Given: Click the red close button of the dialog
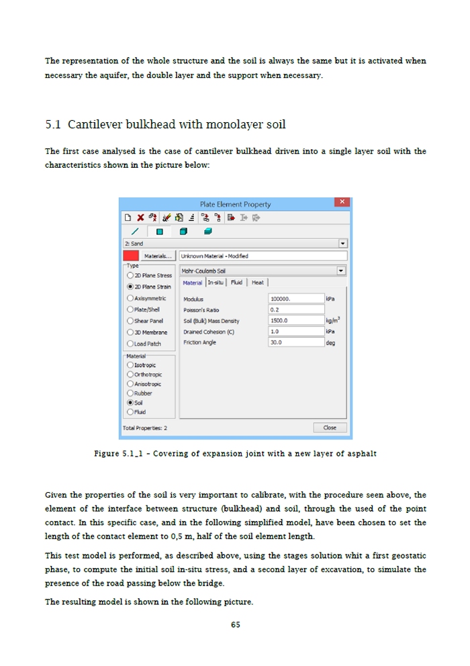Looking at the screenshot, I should (x=342, y=202).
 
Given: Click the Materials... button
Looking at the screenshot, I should (x=158, y=256).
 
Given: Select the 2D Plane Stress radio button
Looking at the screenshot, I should (x=130, y=275).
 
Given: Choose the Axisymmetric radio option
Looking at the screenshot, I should (x=130, y=298).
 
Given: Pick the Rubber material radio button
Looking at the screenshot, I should (x=130, y=393).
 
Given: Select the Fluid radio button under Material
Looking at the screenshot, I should (x=130, y=412).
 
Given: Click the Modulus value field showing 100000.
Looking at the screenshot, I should (x=295, y=298).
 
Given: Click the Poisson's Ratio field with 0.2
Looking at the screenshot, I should (x=295, y=310).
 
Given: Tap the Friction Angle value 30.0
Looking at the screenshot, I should (x=295, y=342).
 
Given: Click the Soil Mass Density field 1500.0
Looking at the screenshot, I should (x=295, y=320).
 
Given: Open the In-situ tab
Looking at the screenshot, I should (x=216, y=283).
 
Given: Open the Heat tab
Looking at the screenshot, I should (x=258, y=283).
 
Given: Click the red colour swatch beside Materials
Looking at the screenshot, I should (x=131, y=256).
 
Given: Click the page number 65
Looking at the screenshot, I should (x=235, y=624).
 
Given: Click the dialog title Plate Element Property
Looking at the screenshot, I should (x=235, y=204).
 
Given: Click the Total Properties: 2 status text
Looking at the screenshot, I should (x=145, y=428).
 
